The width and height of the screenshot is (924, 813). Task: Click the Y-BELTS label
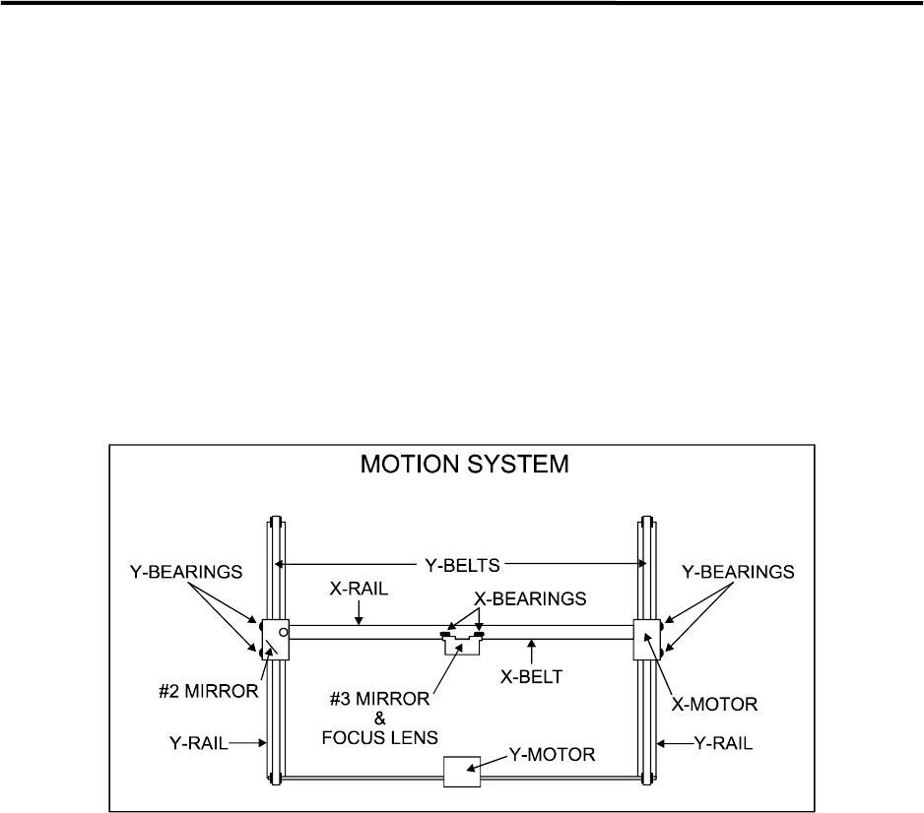point(461,564)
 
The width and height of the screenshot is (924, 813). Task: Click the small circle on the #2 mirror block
point(284,631)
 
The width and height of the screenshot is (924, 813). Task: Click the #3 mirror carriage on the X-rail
point(461,643)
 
